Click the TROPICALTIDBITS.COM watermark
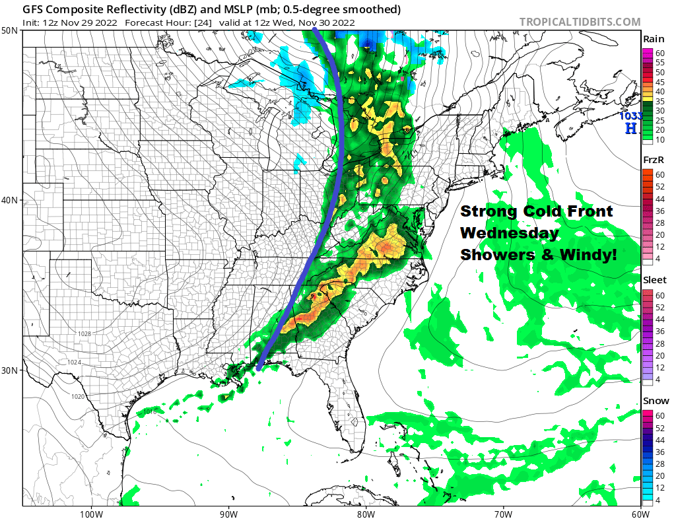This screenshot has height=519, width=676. click(580, 22)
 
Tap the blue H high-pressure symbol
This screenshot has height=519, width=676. click(631, 128)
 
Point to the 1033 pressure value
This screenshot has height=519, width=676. click(629, 116)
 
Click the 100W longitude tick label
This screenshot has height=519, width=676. click(90, 513)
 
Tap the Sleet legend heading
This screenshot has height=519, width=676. click(654, 280)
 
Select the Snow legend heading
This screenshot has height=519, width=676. click(656, 400)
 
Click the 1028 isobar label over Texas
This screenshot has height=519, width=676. click(84, 334)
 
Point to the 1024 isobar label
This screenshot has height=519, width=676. click(74, 363)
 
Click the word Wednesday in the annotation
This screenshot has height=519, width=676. click(509, 233)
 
